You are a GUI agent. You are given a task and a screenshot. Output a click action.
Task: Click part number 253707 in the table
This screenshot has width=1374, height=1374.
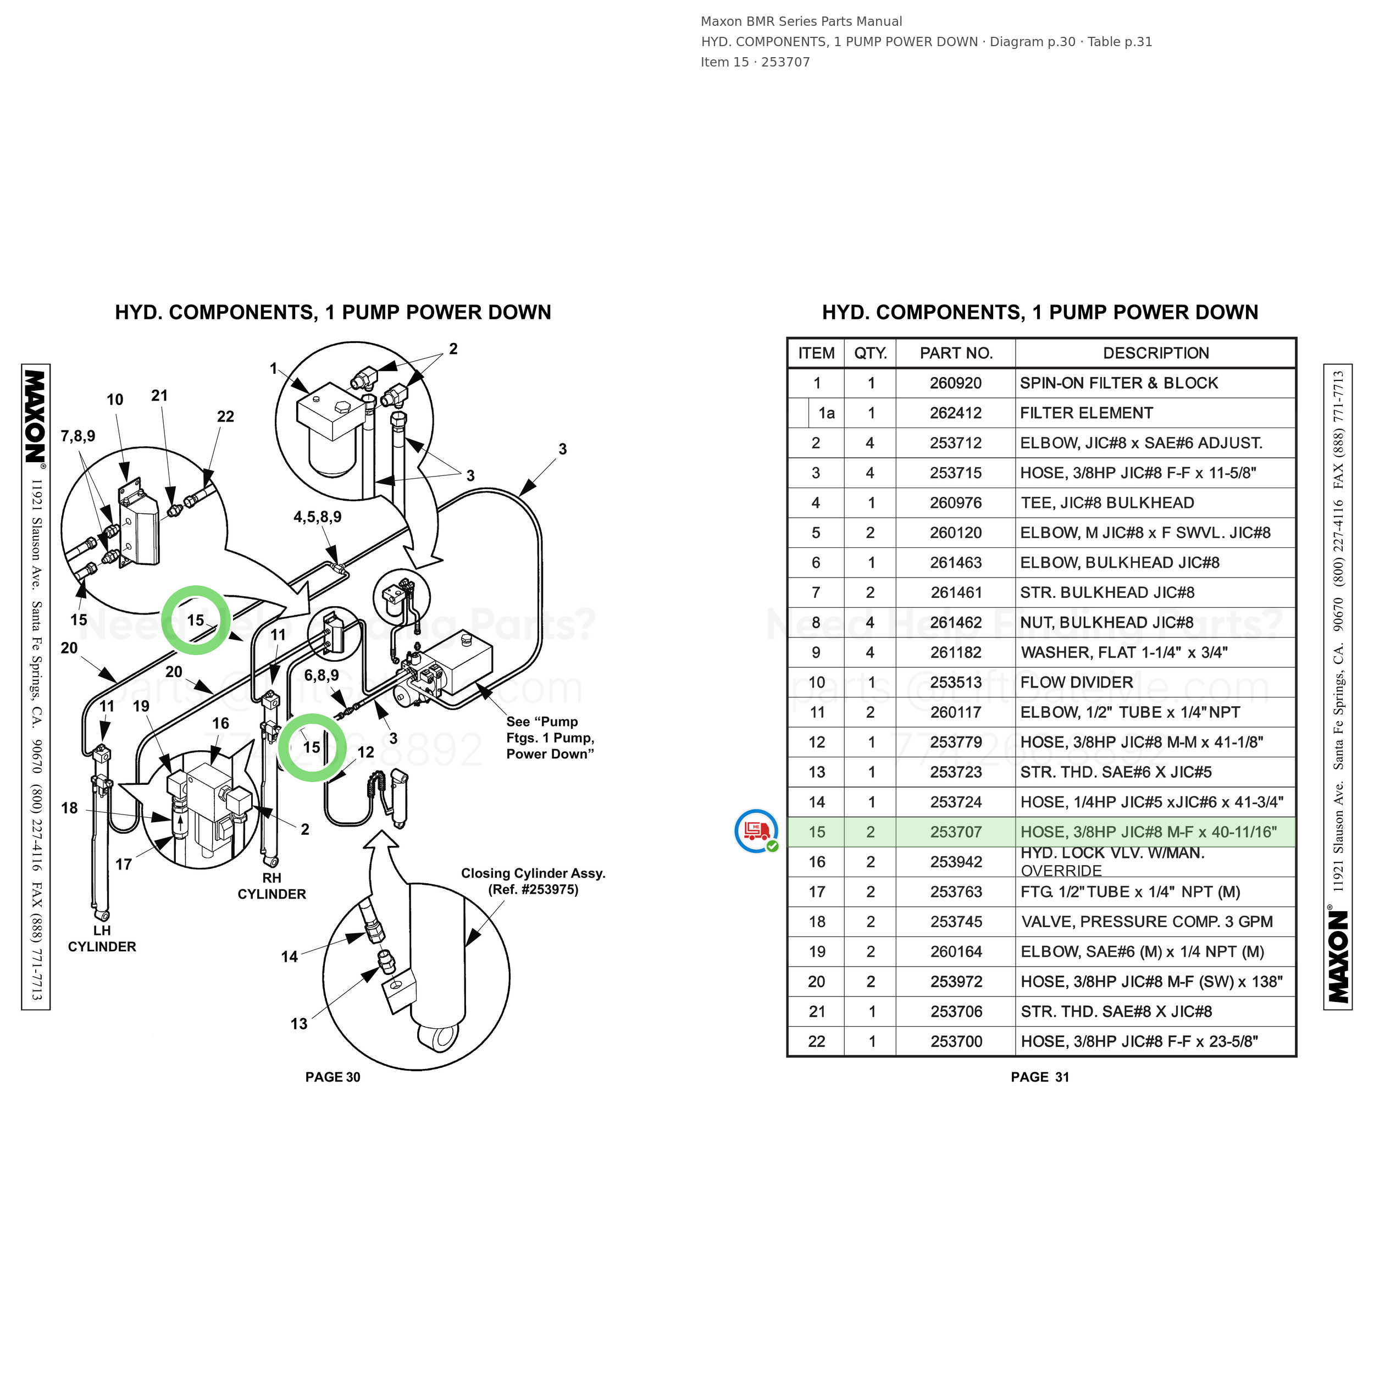coord(956,832)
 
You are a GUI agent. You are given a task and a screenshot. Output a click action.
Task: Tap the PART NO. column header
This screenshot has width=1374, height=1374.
coord(956,353)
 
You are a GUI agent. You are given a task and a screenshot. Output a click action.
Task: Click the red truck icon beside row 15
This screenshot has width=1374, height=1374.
coord(757,830)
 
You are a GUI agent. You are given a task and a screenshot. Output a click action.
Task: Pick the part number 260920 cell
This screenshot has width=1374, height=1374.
coord(956,383)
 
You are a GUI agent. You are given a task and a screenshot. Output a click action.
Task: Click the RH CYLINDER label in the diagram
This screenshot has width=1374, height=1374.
coord(272,886)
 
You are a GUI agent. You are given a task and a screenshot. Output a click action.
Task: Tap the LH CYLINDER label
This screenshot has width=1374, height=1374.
coord(102,939)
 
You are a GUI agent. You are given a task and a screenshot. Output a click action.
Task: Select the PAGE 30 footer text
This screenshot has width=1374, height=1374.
coord(333,1077)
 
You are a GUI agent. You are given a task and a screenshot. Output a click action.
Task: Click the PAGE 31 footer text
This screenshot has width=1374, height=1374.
coord(1040,1077)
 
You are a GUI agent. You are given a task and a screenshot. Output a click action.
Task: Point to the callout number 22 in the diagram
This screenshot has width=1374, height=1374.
coord(225,417)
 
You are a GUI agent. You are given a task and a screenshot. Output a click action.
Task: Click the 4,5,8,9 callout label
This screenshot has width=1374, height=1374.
coord(317,517)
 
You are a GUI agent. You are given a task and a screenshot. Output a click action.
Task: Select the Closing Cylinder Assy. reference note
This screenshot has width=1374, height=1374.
coord(533,881)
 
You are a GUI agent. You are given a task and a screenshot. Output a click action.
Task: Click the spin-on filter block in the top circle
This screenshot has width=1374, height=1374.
coord(330,411)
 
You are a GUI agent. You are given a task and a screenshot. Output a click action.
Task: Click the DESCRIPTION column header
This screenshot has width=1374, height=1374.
coord(1156,353)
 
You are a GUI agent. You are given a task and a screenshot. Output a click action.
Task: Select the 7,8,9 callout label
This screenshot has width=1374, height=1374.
coord(77,436)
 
